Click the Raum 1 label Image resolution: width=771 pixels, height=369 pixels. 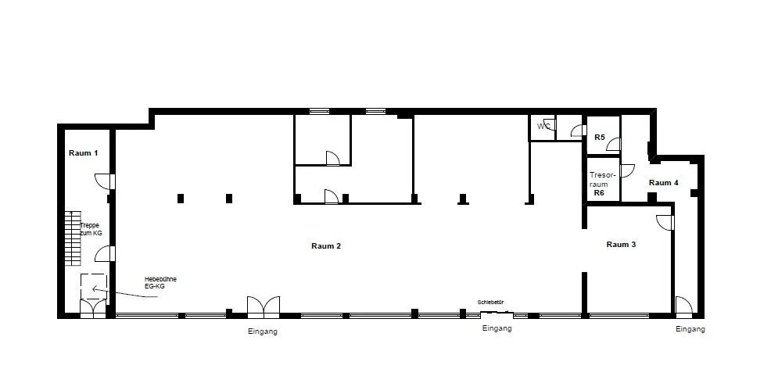click(83, 152)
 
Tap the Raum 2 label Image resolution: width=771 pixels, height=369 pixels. click(326, 246)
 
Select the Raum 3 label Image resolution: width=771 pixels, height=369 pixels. click(621, 244)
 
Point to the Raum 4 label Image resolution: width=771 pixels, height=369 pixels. click(664, 183)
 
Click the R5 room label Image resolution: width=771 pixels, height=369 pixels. click(600, 138)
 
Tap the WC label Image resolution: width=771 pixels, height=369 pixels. click(543, 127)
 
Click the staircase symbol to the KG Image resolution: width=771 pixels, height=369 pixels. click(73, 238)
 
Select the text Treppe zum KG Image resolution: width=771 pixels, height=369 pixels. click(91, 230)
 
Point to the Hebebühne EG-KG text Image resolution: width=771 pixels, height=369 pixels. click(160, 282)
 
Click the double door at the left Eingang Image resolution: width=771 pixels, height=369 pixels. click(264, 307)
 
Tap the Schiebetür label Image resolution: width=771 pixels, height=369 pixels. click(491, 303)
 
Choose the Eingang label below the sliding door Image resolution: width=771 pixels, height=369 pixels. click(497, 328)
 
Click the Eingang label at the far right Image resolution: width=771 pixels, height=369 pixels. click(690, 329)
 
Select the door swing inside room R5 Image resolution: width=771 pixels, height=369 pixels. click(613, 144)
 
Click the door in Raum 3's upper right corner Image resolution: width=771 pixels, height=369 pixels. click(665, 223)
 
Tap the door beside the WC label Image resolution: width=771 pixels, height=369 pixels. click(550, 124)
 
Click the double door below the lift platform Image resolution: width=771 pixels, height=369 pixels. click(93, 309)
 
